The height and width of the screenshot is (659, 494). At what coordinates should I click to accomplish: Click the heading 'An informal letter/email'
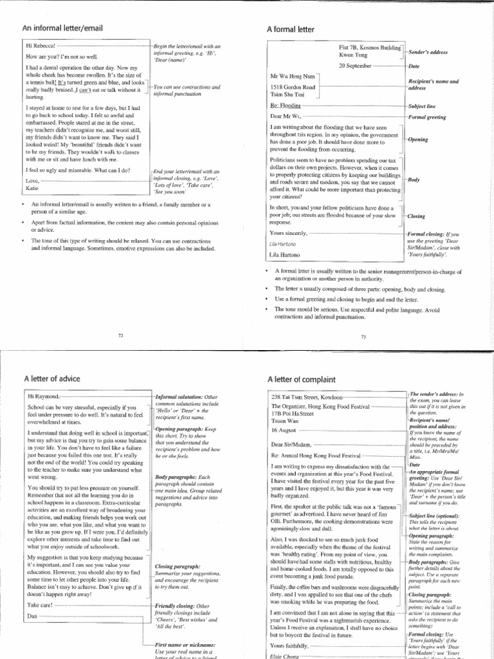(x=62, y=28)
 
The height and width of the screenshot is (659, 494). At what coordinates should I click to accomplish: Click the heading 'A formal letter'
(x=291, y=29)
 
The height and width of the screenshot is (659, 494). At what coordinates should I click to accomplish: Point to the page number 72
(x=120, y=335)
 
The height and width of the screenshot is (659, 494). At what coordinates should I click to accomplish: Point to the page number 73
(x=363, y=336)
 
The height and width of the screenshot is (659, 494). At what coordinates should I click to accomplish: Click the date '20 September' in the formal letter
(x=356, y=66)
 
